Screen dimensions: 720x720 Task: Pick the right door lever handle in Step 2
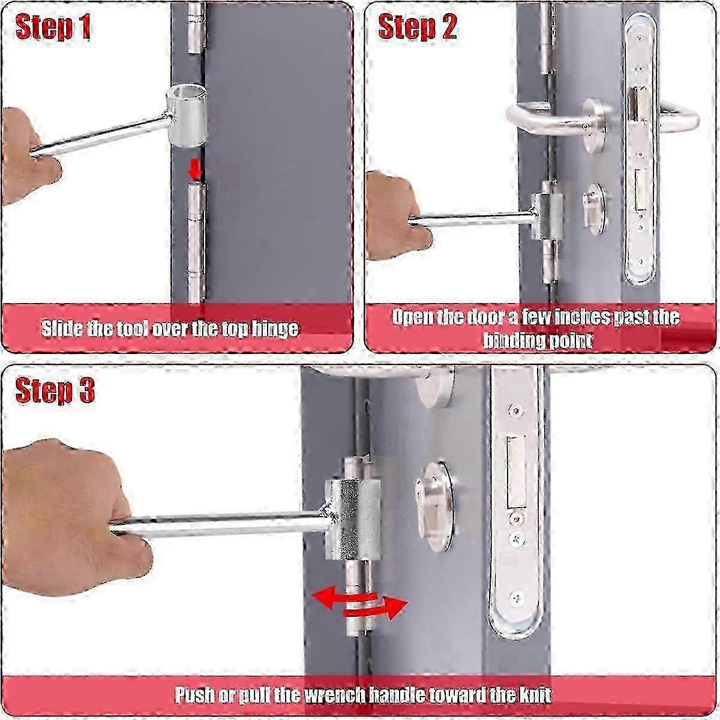[x=681, y=117]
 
